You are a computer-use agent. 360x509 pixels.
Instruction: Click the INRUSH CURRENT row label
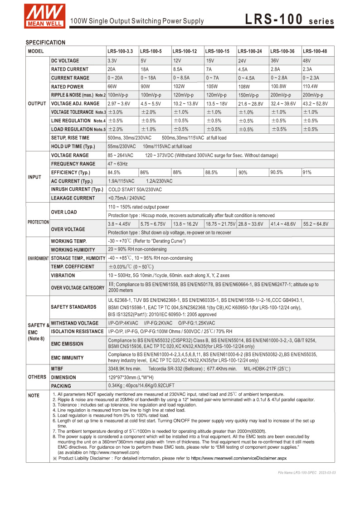pos(77,189)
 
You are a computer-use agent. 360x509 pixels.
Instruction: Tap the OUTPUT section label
pos(37,104)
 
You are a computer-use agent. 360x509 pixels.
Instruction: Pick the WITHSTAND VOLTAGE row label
pos(75,323)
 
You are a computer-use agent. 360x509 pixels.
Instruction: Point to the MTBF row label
pos(58,369)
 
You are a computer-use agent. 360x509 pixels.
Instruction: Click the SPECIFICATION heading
pos(45,43)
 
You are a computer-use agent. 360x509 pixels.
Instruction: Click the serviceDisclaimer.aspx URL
pos(238,458)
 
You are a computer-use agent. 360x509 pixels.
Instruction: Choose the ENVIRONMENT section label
pos(38,258)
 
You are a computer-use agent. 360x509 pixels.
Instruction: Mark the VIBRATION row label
pos(63,275)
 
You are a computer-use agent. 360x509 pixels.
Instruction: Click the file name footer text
pos(307,473)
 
